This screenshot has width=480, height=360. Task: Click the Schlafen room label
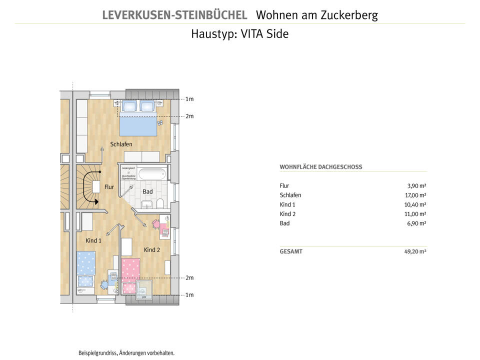(121, 144)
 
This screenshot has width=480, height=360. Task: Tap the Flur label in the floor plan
(109, 187)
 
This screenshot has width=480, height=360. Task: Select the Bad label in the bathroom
(147, 191)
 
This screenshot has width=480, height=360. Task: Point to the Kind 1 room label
(93, 240)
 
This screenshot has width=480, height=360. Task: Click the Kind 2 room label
(152, 249)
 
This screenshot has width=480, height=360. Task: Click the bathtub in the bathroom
(151, 175)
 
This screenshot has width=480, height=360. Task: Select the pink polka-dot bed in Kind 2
(130, 270)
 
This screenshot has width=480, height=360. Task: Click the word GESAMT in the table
(291, 251)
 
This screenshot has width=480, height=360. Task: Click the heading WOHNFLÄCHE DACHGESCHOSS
(320, 167)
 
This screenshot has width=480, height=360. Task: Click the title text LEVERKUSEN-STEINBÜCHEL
(174, 15)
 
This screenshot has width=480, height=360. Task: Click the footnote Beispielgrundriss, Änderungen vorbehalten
(126, 353)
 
